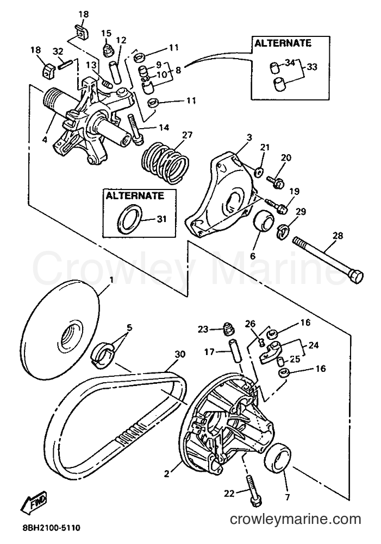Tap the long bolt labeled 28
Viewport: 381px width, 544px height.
click(x=328, y=257)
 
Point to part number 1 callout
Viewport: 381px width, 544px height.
click(x=111, y=279)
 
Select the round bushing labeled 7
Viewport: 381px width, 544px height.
click(x=278, y=459)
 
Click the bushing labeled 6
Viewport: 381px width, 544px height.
click(x=264, y=220)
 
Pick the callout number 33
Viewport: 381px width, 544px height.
click(x=312, y=67)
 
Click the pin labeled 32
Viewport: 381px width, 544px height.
click(x=65, y=64)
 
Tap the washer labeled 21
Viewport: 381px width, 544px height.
click(x=258, y=172)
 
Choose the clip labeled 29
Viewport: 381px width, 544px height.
click(x=283, y=231)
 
